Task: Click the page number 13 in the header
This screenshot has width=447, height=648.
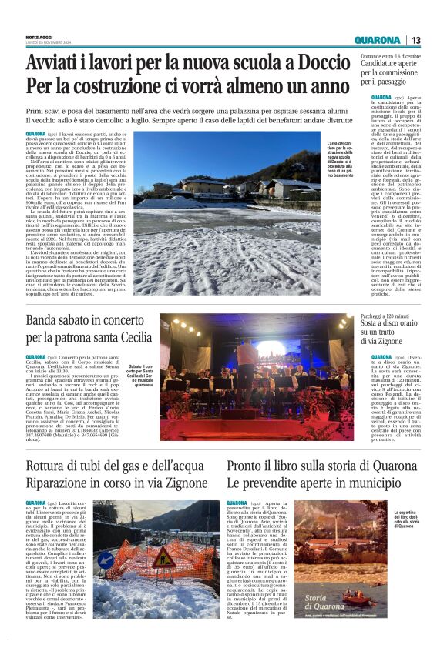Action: (x=416, y=40)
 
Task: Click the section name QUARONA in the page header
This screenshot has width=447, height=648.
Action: (x=377, y=40)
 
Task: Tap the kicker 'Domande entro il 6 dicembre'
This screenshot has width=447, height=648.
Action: (x=392, y=55)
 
